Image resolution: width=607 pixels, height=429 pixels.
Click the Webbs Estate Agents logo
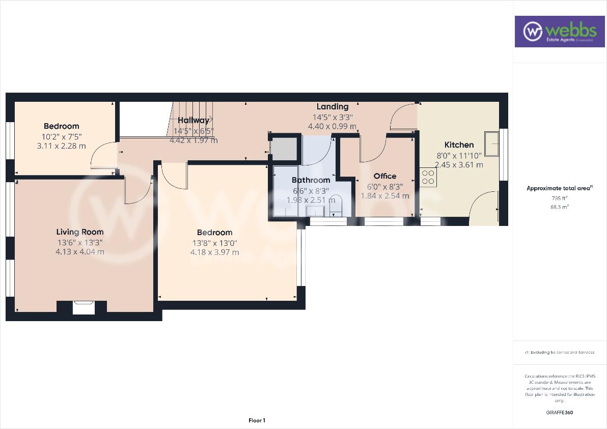[x=559, y=32]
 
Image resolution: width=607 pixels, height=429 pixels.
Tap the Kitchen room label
[x=459, y=145]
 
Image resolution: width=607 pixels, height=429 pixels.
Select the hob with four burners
[x=428, y=177]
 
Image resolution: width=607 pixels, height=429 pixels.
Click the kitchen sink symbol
[x=492, y=144]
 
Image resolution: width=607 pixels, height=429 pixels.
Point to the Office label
[x=384, y=176]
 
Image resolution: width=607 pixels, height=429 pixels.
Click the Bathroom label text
[x=311, y=180]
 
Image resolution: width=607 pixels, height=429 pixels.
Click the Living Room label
[x=80, y=232]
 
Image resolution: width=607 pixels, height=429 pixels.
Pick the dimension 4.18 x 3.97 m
[x=214, y=252]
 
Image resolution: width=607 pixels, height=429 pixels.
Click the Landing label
[x=332, y=107]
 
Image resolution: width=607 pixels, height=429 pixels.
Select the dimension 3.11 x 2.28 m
[x=61, y=146]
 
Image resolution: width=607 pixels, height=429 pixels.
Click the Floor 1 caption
[x=257, y=420]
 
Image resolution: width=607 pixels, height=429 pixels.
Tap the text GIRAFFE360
[x=559, y=413]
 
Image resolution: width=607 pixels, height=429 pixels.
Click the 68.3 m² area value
[x=559, y=207]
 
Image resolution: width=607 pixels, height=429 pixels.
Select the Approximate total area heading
[x=559, y=188]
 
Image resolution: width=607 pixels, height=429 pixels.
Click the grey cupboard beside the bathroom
[x=284, y=149]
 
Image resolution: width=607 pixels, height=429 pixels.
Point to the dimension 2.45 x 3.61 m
[x=459, y=165]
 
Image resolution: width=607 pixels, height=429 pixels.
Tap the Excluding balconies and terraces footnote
[x=559, y=352]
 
